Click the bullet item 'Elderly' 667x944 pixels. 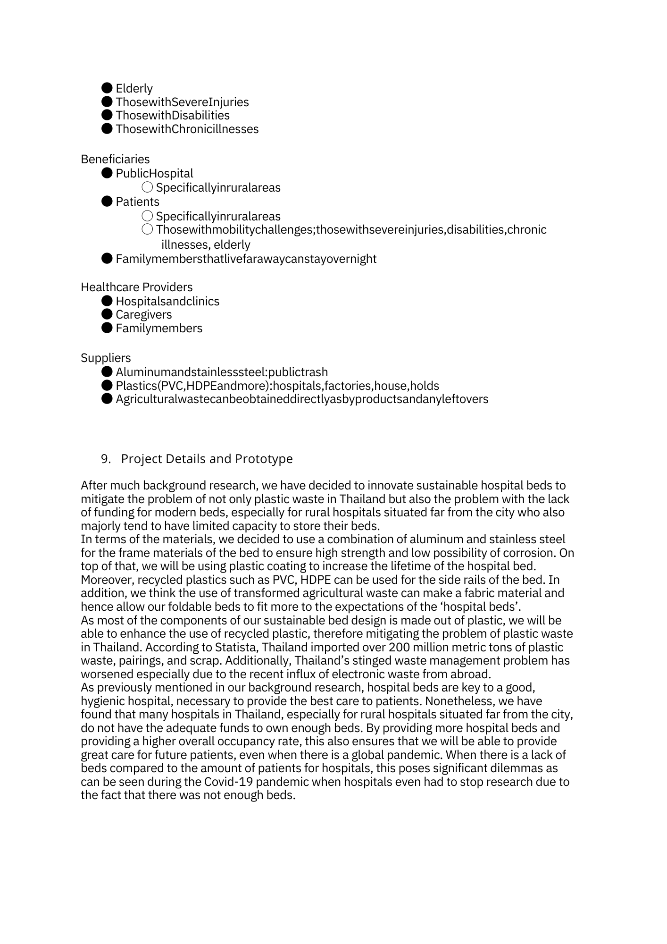tap(134, 89)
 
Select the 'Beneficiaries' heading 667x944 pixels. tap(115, 160)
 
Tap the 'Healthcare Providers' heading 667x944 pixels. tap(136, 287)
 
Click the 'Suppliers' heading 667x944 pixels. tap(106, 358)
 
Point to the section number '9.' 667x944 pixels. tap(106, 459)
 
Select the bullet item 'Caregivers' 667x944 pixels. tap(143, 315)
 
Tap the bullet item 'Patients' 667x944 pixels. tap(137, 202)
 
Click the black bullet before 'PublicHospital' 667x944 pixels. tap(107, 174)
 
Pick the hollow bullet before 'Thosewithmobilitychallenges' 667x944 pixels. tap(147, 230)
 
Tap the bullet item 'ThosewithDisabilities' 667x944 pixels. tap(172, 116)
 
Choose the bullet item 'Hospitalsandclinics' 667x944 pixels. tap(167, 302)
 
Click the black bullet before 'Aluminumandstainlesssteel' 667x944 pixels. tap(107, 372)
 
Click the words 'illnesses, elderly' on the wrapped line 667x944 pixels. tap(206, 245)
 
